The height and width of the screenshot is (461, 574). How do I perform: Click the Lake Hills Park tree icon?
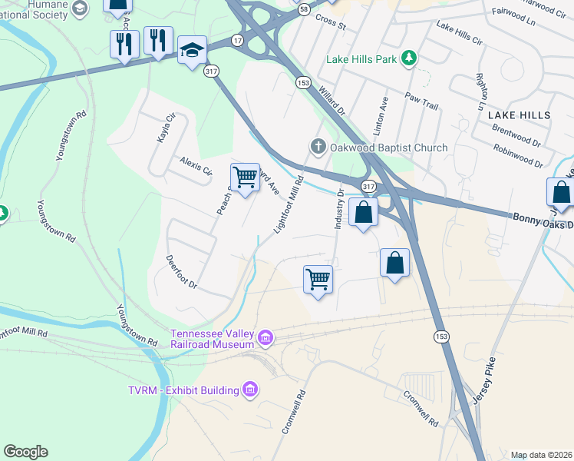coord(411,58)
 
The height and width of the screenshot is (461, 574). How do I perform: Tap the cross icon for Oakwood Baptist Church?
coord(318,147)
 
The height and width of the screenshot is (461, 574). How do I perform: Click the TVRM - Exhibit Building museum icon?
coord(249,390)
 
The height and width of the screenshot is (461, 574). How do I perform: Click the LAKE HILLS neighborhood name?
coord(519,114)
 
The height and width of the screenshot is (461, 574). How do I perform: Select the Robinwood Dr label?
coord(518,156)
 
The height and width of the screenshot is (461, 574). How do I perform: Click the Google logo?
coord(25,452)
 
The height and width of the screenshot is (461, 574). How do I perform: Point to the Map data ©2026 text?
coord(541,455)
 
